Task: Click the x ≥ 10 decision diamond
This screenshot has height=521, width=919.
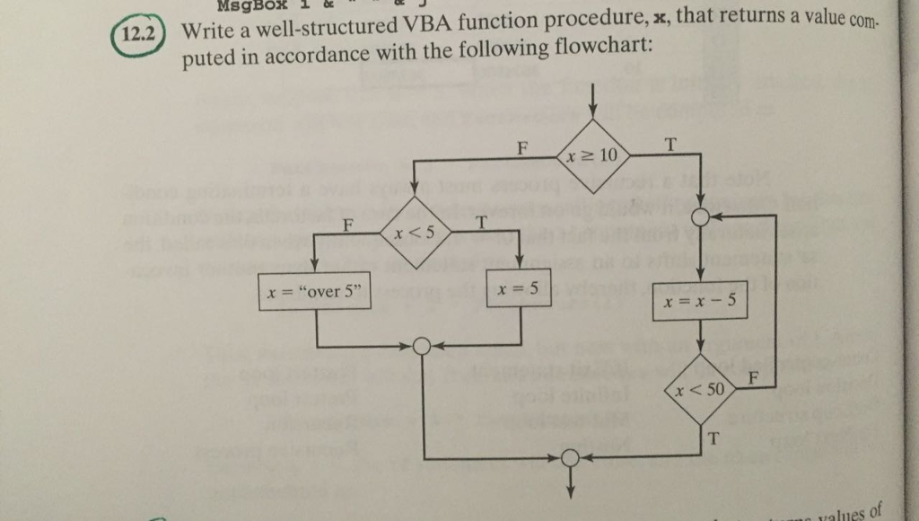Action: click(593, 155)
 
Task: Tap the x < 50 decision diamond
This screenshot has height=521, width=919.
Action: click(701, 390)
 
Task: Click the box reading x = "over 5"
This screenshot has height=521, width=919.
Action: click(314, 292)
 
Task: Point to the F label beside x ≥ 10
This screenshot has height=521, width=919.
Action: click(522, 146)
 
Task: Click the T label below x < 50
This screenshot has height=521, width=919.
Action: click(713, 438)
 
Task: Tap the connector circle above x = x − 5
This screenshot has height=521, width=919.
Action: click(701, 217)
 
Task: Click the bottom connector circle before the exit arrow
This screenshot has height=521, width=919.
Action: click(569, 459)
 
